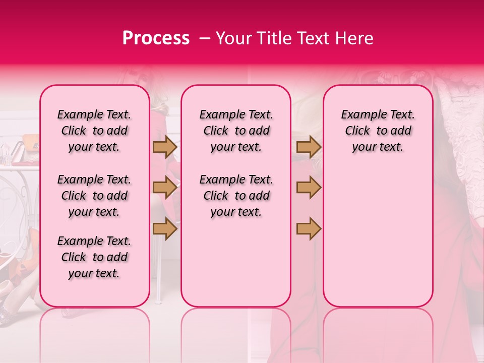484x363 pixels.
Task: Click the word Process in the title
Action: tap(156, 38)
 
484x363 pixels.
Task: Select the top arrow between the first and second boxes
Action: tap(165, 147)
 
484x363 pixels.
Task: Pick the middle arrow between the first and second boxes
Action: tap(165, 187)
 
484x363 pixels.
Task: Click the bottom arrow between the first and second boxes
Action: tap(165, 228)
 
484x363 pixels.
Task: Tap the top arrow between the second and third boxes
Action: tap(309, 147)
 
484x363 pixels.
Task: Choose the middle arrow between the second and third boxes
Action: tap(309, 187)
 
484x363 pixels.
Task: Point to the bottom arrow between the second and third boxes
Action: tap(309, 228)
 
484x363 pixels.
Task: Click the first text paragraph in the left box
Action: tap(94, 131)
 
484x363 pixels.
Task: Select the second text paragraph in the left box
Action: tap(94, 196)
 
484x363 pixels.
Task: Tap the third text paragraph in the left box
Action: tap(94, 257)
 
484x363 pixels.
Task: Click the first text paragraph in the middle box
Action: tap(236, 131)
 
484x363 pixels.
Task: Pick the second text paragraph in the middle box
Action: tap(236, 196)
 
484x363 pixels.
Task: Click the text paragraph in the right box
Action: tap(378, 131)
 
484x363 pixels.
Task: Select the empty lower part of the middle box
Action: tap(236, 262)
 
